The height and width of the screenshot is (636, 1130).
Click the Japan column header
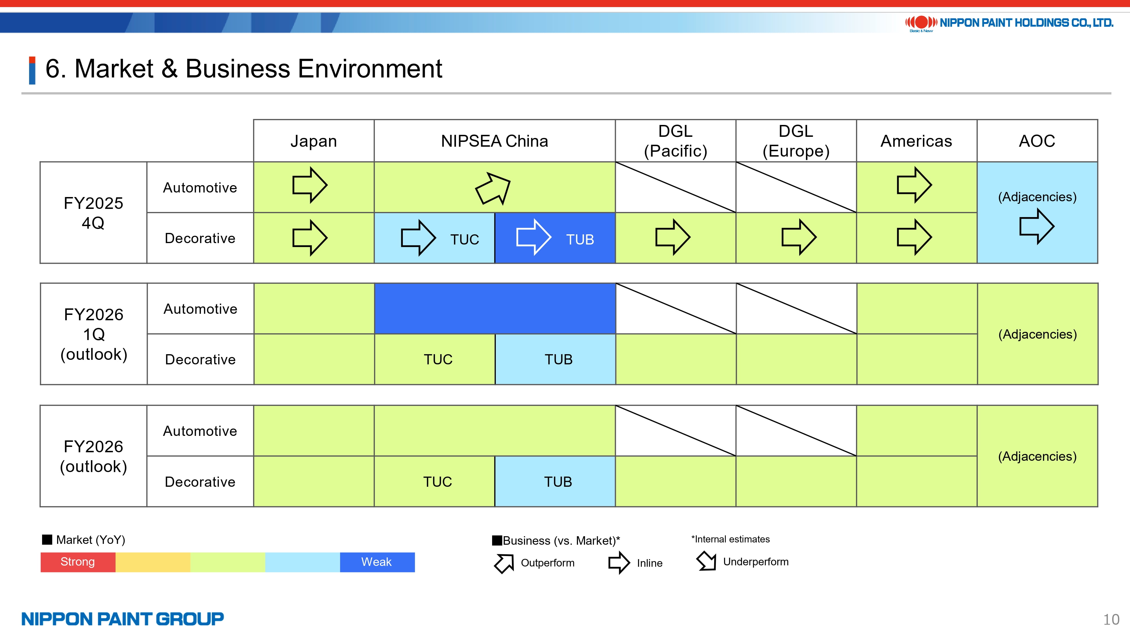[x=314, y=141]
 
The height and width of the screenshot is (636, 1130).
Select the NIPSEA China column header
[x=494, y=141]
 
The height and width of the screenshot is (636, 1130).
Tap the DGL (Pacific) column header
[x=675, y=141]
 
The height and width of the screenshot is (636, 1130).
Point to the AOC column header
[x=1037, y=141]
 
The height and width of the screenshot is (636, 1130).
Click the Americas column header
[x=916, y=141]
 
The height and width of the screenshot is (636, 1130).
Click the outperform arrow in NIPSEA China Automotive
[x=493, y=188]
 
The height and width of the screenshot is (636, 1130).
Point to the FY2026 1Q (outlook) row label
[x=94, y=334]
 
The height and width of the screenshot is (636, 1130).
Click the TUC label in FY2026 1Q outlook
[x=438, y=360]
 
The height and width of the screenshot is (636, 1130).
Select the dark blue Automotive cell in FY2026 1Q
[x=495, y=309]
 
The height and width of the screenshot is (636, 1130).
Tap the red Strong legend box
[x=78, y=562]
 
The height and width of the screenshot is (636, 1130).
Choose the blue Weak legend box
[x=377, y=562]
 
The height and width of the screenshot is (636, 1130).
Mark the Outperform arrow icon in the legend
[x=504, y=563]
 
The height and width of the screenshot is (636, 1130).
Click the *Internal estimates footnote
[x=730, y=539]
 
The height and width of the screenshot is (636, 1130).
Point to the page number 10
[x=1111, y=620]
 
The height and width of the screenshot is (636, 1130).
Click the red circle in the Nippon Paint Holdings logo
[x=921, y=22]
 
